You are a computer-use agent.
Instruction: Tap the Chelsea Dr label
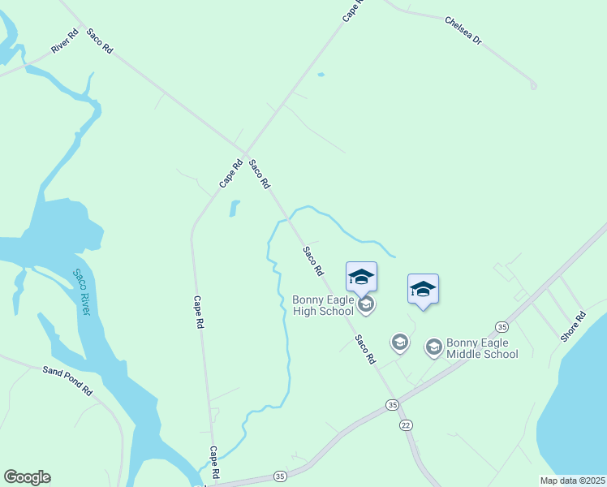pos(463,30)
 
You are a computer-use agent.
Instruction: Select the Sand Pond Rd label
pos(68,380)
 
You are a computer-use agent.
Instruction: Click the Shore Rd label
pos(574,326)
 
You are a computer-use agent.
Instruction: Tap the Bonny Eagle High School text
pos(323,305)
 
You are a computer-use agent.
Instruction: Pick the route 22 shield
pos(406,425)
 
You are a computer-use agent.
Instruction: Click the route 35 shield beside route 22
pos(393,404)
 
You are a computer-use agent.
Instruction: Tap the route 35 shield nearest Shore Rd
pos(502,326)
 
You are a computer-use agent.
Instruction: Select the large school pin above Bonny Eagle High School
pos(361,278)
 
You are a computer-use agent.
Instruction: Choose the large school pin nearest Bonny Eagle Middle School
pos(423,290)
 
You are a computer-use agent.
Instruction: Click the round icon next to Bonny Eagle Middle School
pos(433,347)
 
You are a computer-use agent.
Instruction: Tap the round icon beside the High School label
pos(366,304)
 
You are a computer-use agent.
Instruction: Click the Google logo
pos(27,477)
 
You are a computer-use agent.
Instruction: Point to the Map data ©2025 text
pos(572,481)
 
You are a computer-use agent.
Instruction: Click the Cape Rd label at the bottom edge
pos(215,462)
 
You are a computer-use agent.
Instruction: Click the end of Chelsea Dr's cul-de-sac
pos(533,85)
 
